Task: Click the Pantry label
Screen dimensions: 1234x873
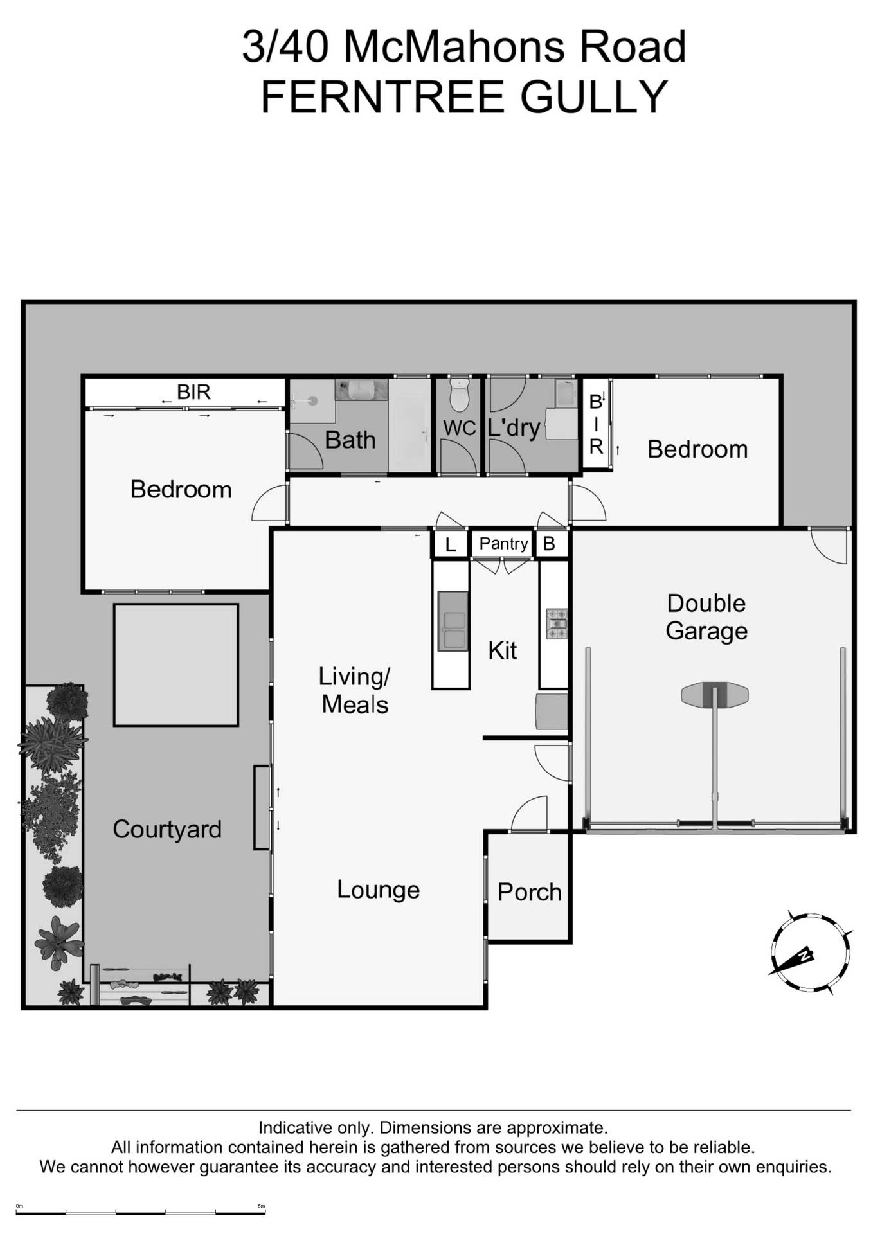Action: (503, 544)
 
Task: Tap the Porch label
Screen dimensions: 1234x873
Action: (529, 892)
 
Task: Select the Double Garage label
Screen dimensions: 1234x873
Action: (706, 617)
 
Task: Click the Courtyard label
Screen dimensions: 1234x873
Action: (167, 829)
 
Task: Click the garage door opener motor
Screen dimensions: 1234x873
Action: (714, 695)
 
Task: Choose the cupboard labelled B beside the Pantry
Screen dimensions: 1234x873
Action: (549, 544)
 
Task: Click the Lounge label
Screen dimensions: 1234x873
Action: (378, 890)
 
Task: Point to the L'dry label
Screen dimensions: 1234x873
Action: (514, 427)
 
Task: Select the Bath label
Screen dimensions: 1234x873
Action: (350, 440)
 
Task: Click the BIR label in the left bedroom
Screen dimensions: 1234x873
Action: (194, 392)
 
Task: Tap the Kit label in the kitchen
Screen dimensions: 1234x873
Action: (502, 650)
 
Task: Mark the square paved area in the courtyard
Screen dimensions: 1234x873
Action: (176, 665)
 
